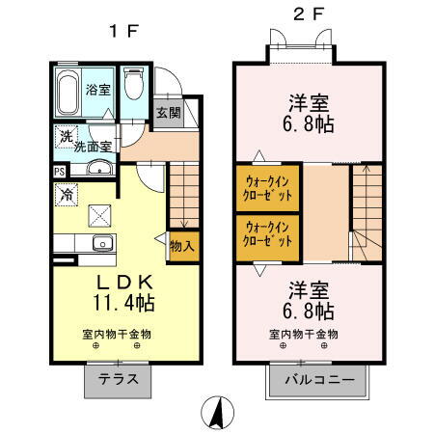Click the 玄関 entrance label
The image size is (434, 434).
168,113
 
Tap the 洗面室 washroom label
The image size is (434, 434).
95,147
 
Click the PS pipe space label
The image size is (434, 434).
59,172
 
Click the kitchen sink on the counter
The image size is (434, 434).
99,242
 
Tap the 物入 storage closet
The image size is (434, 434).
181,246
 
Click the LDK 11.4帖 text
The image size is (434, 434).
123,291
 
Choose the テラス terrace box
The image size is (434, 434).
121,380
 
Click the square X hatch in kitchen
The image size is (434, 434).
99,214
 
